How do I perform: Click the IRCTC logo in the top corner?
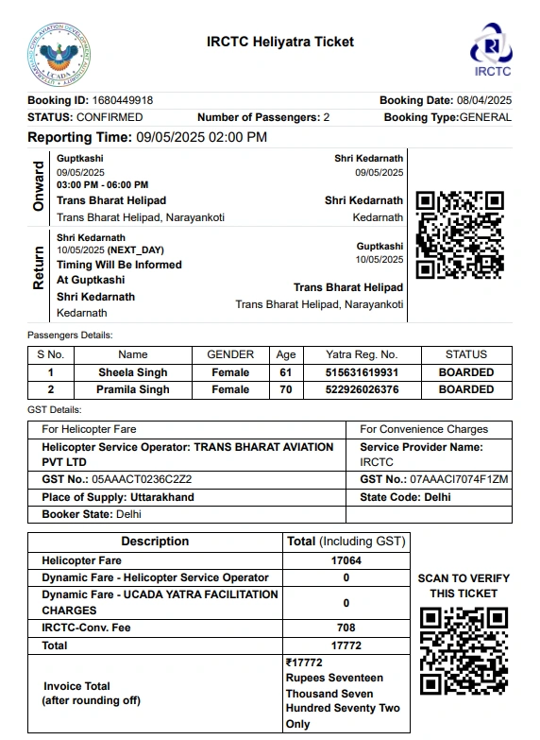point(491,48)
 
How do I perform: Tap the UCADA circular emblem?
point(59,54)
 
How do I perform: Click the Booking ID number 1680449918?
point(123,100)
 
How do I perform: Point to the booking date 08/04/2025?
point(483,100)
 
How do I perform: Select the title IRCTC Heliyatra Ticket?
point(280,42)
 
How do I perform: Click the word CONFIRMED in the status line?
point(110,117)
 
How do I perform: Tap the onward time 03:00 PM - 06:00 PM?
point(102,185)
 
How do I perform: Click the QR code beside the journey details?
point(460,235)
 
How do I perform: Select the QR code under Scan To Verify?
point(463,650)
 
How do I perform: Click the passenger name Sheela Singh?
point(133,372)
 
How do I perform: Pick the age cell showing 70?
point(286,389)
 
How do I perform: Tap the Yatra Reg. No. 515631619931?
point(362,372)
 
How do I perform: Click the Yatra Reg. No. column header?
point(362,354)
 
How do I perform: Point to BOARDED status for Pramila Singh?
point(465,389)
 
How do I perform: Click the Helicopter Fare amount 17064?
point(346,560)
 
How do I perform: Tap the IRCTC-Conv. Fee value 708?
point(346,628)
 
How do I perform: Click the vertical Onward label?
point(39,186)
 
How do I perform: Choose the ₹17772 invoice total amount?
point(303,663)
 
